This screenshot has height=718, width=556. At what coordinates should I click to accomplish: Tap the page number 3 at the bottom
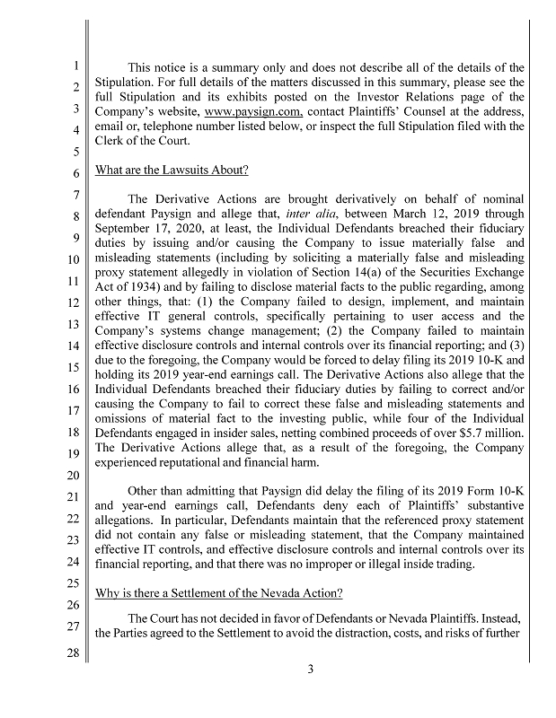click(310, 669)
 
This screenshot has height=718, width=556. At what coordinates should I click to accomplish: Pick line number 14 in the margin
click(75, 346)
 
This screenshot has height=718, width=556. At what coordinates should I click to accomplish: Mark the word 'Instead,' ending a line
click(499, 618)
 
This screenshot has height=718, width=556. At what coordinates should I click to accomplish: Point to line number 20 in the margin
click(75, 475)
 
